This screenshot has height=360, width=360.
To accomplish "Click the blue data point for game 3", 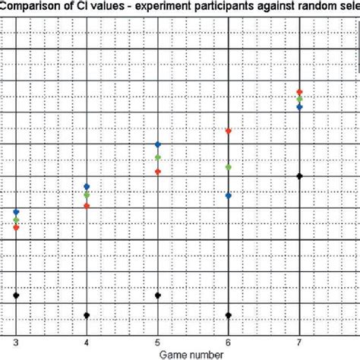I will pos(16,212).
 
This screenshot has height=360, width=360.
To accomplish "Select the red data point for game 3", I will pos(16,227).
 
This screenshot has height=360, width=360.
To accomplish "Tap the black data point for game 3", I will pos(16,295).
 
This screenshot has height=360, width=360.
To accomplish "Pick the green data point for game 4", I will pos(87,195).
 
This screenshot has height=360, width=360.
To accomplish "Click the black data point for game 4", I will pos(87,315).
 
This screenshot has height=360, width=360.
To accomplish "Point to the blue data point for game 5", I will pos(158,144).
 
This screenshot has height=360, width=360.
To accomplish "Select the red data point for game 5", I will pos(158,172).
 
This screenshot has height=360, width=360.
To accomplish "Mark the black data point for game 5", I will pos(158,295).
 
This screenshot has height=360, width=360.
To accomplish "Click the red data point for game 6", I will pos(229,131).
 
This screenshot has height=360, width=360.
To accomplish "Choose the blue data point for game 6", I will pos(229,195).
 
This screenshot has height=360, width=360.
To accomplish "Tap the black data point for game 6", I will pos(229,315).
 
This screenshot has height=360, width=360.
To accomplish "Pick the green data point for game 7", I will pos(300,99).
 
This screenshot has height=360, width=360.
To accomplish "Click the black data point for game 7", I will pos(300,176).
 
